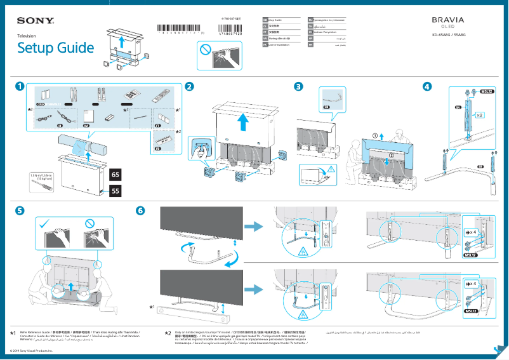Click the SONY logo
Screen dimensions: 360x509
click(36, 21)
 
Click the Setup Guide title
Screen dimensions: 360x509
click(55, 48)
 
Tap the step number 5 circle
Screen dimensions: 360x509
click(20, 210)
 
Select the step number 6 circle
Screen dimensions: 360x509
click(141, 210)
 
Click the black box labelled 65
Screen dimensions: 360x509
click(116, 173)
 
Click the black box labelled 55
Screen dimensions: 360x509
click(116, 190)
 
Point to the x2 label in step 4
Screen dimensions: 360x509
click(480, 116)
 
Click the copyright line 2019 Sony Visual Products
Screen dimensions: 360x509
click(32, 350)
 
